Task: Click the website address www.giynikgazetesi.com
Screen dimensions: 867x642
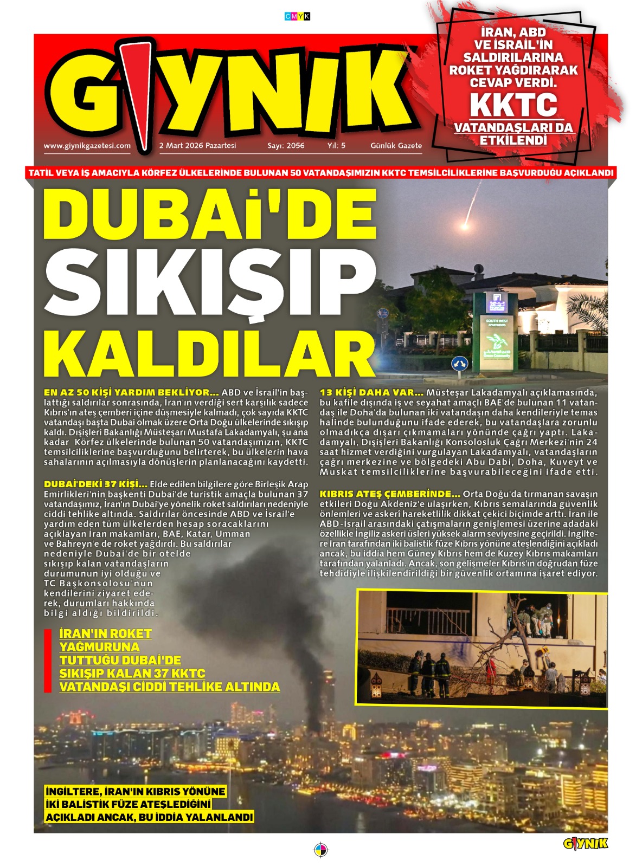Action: point(87,146)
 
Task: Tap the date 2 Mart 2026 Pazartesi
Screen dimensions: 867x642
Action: point(197,146)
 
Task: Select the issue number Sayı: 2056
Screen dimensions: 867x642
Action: point(286,146)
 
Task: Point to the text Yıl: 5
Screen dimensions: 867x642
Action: point(336,146)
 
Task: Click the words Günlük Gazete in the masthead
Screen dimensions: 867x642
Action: point(396,146)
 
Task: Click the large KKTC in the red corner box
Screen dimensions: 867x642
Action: point(513,105)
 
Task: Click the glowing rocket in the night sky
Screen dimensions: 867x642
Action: point(465,224)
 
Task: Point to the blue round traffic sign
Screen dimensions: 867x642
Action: point(459,363)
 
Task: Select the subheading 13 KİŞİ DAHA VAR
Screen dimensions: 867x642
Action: point(371,392)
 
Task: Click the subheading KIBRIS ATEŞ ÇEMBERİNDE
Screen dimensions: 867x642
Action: point(390,494)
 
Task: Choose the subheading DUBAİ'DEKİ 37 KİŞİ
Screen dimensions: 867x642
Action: point(95,484)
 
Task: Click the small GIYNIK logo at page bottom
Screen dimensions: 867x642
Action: point(586,844)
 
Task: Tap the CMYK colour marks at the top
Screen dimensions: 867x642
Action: point(297,17)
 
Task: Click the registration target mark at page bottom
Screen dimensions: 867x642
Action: point(321,850)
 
